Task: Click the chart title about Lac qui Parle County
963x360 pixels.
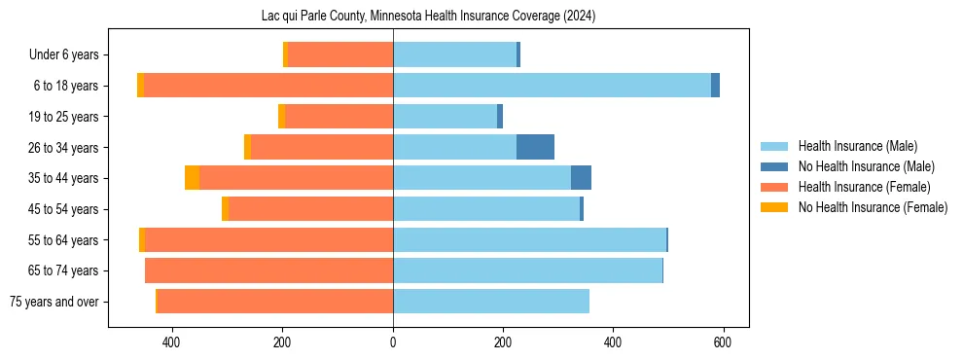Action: pyautogui.click(x=428, y=17)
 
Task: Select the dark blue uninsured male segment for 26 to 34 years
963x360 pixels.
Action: pyautogui.click(x=535, y=147)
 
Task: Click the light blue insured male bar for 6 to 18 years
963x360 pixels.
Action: pyautogui.click(x=552, y=86)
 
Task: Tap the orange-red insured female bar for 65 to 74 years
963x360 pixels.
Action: pyautogui.click(x=268, y=270)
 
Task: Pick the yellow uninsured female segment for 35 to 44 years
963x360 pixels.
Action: pyautogui.click(x=192, y=178)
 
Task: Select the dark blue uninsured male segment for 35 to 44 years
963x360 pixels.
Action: pyautogui.click(x=581, y=178)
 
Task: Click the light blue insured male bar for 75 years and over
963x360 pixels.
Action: pyautogui.click(x=491, y=302)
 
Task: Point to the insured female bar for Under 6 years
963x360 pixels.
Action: pyautogui.click(x=340, y=54)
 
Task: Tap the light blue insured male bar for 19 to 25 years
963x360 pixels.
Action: pyautogui.click(x=445, y=117)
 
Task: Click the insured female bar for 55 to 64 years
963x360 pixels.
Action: pyautogui.click(x=268, y=239)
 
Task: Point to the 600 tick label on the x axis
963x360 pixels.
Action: pyautogui.click(x=723, y=342)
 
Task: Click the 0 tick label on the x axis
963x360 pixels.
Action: pyautogui.click(x=393, y=342)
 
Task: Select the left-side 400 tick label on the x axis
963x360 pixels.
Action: pyautogui.click(x=172, y=342)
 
